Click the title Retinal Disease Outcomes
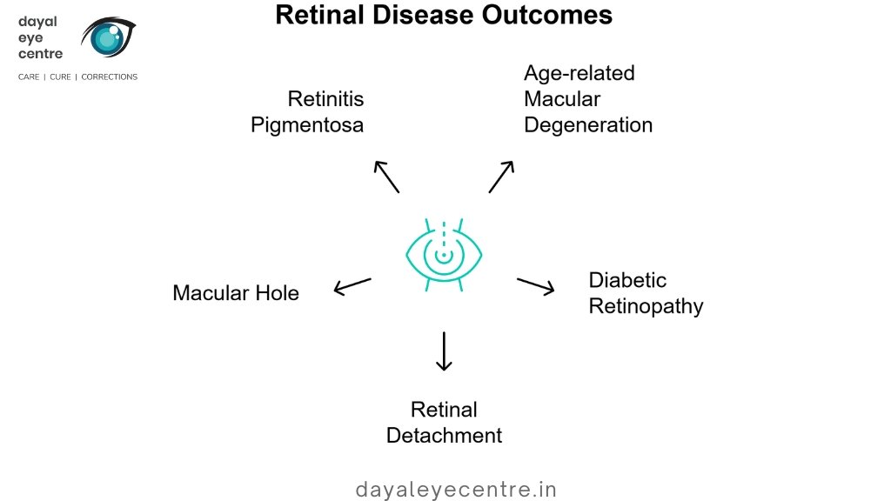[444, 15]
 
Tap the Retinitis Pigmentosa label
[307, 111]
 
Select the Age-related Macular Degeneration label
[587, 98]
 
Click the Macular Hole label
[236, 293]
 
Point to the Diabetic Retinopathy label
[646, 293]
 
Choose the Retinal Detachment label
[444, 422]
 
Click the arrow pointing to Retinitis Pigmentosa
[386, 177]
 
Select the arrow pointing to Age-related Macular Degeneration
[501, 177]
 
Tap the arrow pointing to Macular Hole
[352, 286]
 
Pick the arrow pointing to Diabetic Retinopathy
[536, 286]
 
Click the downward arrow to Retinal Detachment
[445, 351]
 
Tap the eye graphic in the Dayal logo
[109, 37]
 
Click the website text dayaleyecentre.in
[456, 490]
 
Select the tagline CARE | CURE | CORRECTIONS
[78, 77]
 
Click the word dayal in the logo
[37, 22]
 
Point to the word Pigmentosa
[307, 125]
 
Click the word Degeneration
[587, 125]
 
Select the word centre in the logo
[41, 54]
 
